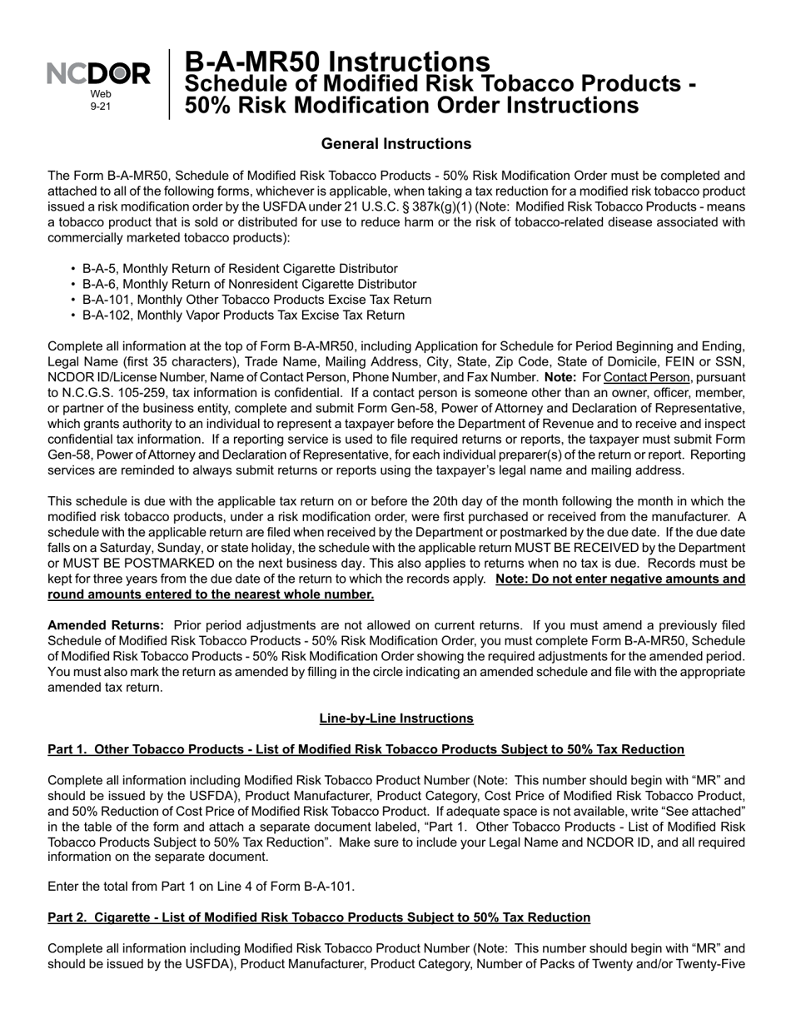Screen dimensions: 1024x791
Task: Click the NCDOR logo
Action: point(99,75)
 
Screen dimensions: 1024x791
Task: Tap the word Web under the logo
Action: point(100,95)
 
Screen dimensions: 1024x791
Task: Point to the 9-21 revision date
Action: point(100,107)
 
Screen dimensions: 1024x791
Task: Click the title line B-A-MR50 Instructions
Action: point(336,62)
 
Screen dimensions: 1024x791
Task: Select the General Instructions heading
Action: point(395,144)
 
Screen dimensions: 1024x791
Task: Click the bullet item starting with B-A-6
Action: point(249,285)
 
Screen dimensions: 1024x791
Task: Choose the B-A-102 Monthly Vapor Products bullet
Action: point(243,316)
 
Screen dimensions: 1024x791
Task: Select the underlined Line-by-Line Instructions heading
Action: point(395,718)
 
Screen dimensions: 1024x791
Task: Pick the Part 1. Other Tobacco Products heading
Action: point(366,749)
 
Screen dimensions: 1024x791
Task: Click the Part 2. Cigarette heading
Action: point(319,917)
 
